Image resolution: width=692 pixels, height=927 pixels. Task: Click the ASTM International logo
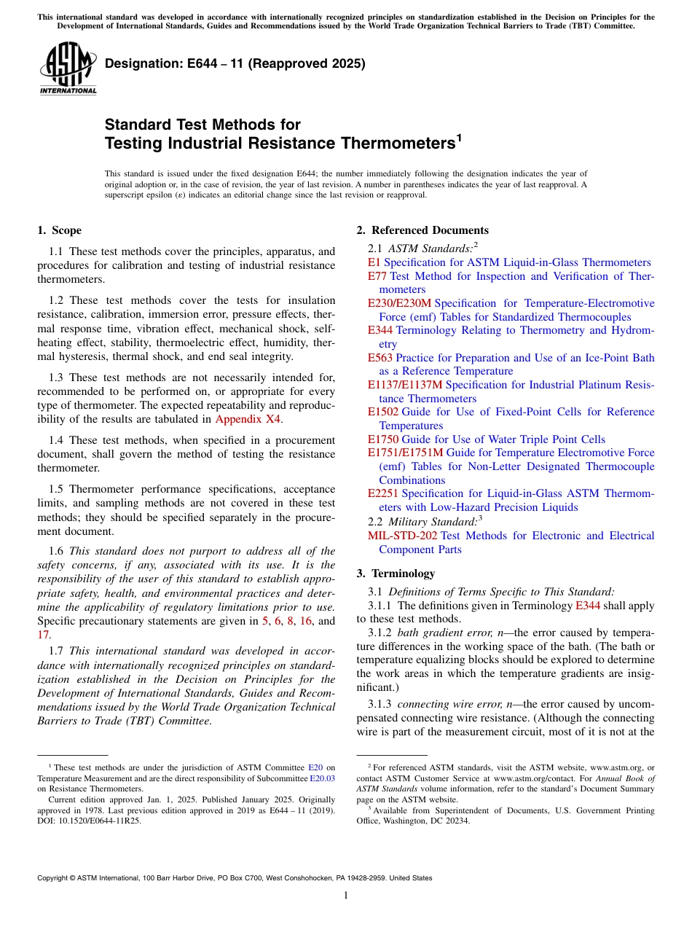point(67,69)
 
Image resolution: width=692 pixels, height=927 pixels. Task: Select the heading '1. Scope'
point(59,231)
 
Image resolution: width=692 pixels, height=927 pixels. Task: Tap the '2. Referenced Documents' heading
point(422,231)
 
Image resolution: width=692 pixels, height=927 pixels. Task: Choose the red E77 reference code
point(377,276)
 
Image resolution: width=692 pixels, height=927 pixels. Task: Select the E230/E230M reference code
point(399,303)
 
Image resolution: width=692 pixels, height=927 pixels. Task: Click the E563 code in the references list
point(380,358)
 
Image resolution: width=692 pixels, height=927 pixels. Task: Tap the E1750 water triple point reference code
point(382,439)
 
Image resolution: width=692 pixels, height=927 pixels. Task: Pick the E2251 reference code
point(382,493)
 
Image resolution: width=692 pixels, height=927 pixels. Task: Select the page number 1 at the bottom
point(346,896)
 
